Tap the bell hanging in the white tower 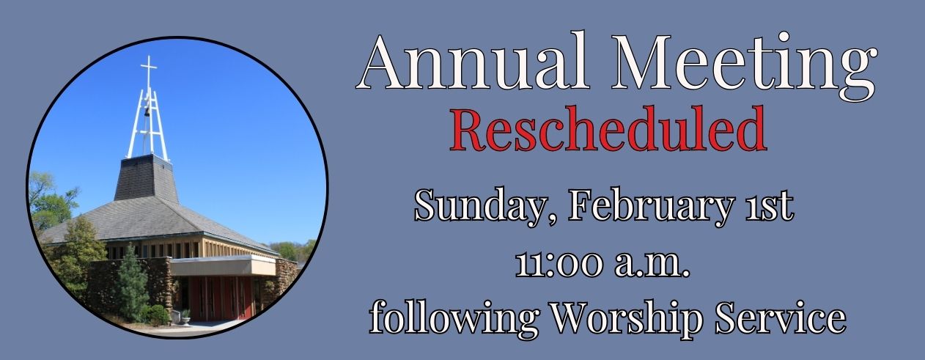coord(147,111)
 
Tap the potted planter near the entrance coord(185,317)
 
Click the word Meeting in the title coord(744,63)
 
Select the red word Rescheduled coord(608,131)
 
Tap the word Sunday coord(481,207)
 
